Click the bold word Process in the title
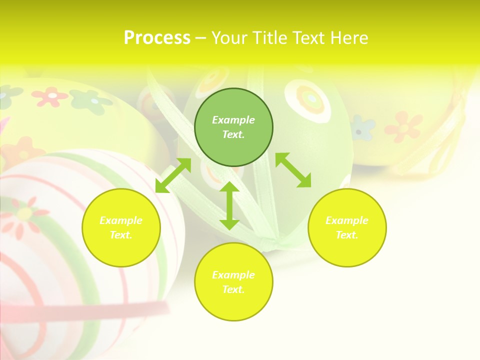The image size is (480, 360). [157, 38]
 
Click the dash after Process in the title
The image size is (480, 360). [200, 38]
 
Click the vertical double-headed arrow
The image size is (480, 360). [229, 205]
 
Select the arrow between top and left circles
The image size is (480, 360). [173, 175]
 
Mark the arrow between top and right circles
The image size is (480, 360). [293, 170]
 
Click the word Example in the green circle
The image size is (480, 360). [233, 120]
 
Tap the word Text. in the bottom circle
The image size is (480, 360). [233, 289]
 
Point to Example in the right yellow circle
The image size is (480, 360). [347, 220]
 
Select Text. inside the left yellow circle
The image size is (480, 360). [121, 235]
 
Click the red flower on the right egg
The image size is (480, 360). [403, 126]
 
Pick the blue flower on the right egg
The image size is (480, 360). [362, 128]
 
